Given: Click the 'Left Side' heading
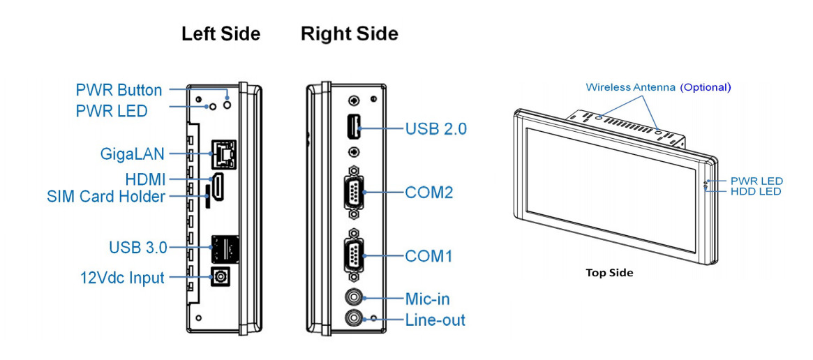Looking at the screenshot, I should [x=221, y=33].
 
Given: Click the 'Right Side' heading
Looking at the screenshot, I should [x=349, y=33].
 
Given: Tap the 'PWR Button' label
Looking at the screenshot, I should [x=119, y=90].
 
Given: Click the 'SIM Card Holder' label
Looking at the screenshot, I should [x=106, y=197].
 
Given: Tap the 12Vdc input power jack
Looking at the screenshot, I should [x=221, y=277].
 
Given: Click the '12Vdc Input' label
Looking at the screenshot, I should [x=121, y=278].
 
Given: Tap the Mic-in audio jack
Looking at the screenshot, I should [x=355, y=298].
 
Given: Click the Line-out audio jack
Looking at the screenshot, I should [x=355, y=319].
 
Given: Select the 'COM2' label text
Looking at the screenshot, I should [x=429, y=192].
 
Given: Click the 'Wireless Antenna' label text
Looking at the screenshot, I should [x=630, y=87].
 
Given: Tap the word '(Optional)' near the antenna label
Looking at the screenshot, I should [x=706, y=87].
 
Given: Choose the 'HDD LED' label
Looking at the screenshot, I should [x=756, y=191].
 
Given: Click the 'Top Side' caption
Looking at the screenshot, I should [x=609, y=273].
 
